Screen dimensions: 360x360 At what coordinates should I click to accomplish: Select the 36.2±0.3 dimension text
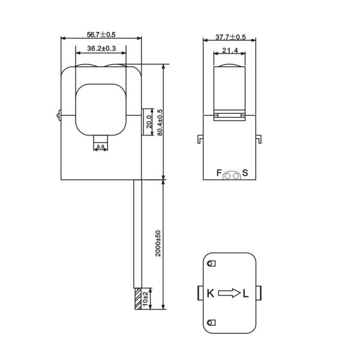101,48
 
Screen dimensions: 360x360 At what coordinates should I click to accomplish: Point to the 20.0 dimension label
149,121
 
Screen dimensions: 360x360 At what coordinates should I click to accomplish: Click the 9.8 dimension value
100,146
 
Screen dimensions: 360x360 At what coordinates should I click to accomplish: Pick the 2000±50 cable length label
158,243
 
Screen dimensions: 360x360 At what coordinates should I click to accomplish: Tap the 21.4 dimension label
230,50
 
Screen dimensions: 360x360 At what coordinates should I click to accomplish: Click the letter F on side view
219,173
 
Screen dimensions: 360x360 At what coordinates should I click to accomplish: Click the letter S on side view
245,173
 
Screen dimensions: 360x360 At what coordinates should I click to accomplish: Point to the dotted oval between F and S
232,175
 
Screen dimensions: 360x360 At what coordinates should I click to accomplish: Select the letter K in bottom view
211,293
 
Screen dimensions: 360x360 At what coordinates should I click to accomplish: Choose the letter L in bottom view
247,293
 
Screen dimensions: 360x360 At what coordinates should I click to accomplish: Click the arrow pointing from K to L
229,293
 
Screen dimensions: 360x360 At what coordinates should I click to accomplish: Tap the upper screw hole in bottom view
210,263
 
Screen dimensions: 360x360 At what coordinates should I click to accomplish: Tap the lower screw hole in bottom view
210,323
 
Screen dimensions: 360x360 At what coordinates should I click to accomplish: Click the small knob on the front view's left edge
57,113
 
